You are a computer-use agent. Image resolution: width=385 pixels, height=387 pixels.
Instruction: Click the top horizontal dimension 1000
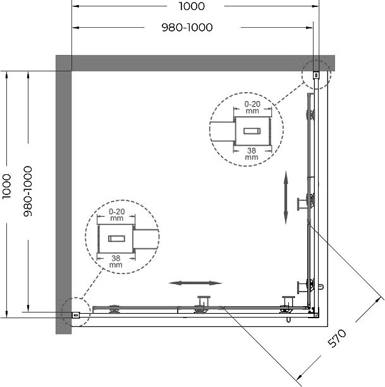coord(192,6)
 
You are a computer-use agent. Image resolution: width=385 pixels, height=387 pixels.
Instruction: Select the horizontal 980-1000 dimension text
coord(187,27)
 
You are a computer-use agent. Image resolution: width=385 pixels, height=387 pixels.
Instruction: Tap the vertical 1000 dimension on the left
coord(7,186)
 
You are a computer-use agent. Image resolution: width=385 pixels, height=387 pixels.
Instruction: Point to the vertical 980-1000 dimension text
coord(28,191)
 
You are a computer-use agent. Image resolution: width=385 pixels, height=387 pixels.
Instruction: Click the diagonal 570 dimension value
coord(337,338)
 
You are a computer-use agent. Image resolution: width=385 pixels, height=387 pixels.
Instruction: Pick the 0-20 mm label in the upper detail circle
coord(252,107)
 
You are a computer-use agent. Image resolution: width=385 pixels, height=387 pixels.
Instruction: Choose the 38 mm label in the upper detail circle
coord(252,153)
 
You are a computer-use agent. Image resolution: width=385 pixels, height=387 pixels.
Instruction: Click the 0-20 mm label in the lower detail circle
coord(117,215)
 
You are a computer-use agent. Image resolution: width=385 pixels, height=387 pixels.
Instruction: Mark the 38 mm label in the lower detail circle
coord(116,261)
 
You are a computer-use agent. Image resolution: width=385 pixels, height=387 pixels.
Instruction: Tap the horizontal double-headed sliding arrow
coord(195,283)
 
